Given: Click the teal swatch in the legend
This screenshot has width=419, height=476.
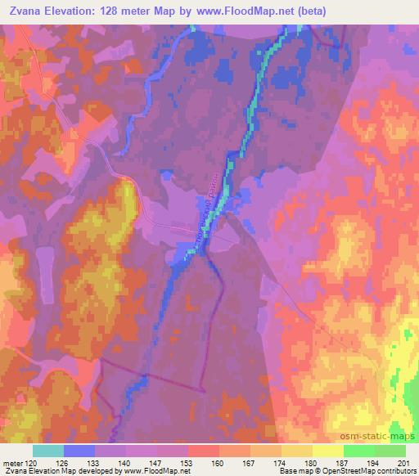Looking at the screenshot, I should tap(48, 451).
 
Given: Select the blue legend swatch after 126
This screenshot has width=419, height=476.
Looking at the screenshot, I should tap(79, 451).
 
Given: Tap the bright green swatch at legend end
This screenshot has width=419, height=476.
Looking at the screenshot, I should tap(390, 451).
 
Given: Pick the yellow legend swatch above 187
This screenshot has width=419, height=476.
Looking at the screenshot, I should tap(327, 451).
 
